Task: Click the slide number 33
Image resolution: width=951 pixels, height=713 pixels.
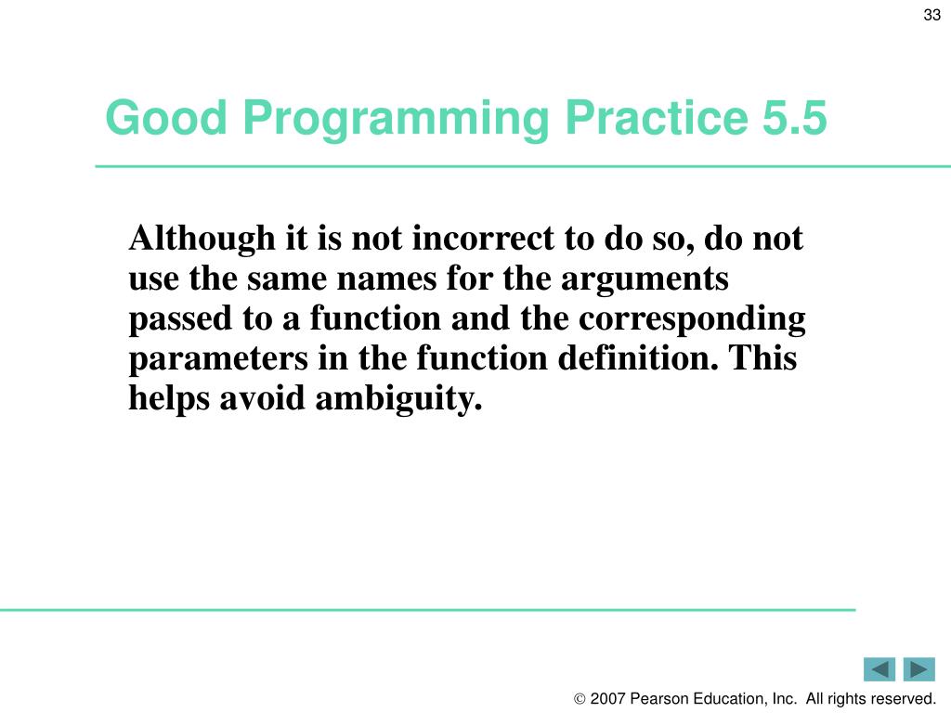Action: tap(931, 15)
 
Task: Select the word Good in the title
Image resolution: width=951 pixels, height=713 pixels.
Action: tap(166, 117)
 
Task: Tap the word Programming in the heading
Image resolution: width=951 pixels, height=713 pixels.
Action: tap(396, 120)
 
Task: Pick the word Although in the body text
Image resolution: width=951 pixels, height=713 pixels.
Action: tap(202, 240)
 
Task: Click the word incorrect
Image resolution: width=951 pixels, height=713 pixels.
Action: tap(483, 238)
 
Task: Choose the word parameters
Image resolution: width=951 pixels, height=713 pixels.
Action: tap(218, 359)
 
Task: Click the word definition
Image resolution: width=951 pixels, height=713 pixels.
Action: tap(637, 357)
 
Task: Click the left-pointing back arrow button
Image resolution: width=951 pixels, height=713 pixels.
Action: tap(879, 669)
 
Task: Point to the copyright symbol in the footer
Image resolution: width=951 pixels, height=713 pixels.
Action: tap(580, 699)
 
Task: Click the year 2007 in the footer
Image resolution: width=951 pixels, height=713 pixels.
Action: tap(607, 698)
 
